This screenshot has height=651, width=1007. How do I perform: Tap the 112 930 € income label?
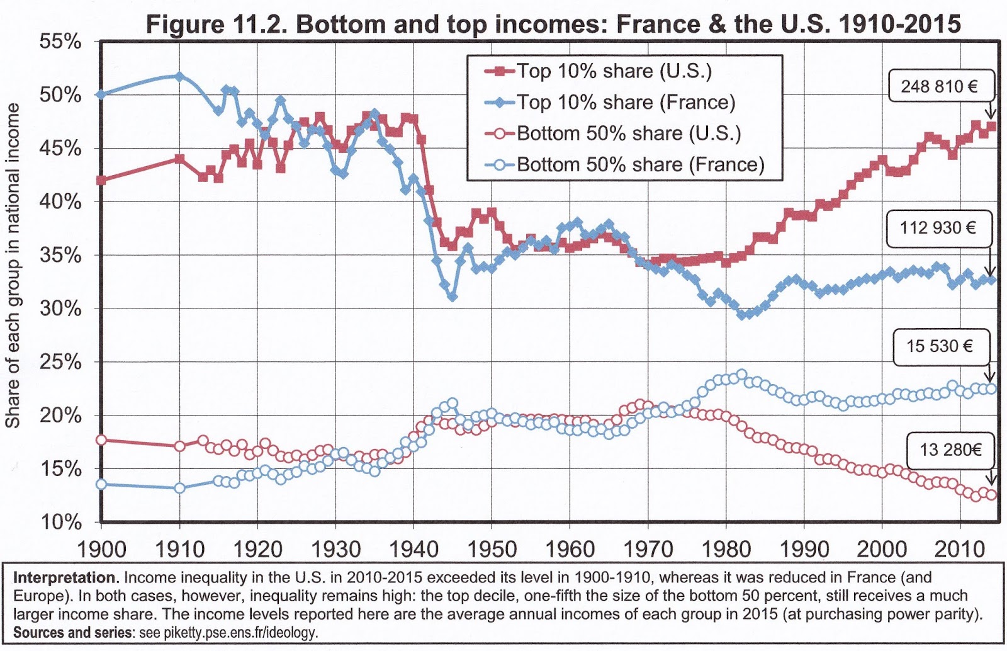(938, 227)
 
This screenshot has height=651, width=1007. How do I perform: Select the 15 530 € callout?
(940, 346)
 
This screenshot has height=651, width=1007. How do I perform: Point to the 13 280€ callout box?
(950, 450)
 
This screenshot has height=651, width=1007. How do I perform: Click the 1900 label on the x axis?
(101, 549)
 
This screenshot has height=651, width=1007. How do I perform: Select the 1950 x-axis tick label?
(492, 549)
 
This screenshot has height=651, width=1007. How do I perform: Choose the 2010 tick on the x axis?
(960, 549)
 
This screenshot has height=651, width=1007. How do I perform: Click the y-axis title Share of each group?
(13, 264)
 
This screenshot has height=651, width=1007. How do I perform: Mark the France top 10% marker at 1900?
(101, 94)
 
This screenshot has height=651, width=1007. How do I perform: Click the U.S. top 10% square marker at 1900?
(101, 180)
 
